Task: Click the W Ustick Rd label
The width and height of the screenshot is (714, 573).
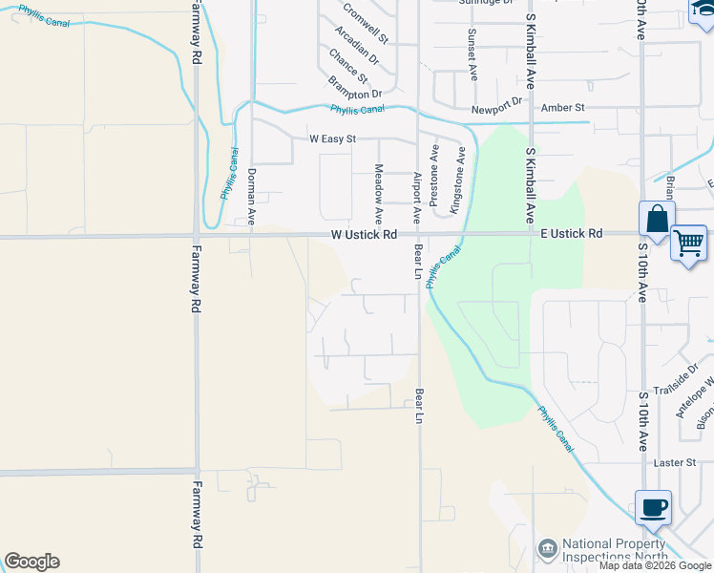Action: [364, 234]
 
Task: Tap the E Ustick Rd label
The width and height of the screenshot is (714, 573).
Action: [572, 233]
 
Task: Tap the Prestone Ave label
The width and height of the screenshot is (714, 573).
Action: [434, 177]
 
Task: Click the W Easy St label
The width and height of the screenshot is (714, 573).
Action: [332, 138]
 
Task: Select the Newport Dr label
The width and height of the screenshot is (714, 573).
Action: [503, 100]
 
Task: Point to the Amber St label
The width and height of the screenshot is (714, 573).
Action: [562, 109]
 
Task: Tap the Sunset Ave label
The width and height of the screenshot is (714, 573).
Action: [472, 53]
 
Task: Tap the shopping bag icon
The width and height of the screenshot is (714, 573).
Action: [658, 219]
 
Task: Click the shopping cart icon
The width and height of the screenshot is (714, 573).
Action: [688, 242]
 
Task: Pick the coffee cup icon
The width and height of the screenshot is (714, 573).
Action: [653, 506]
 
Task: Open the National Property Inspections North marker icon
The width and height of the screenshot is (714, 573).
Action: [548, 548]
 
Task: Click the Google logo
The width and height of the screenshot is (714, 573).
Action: [31, 562]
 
